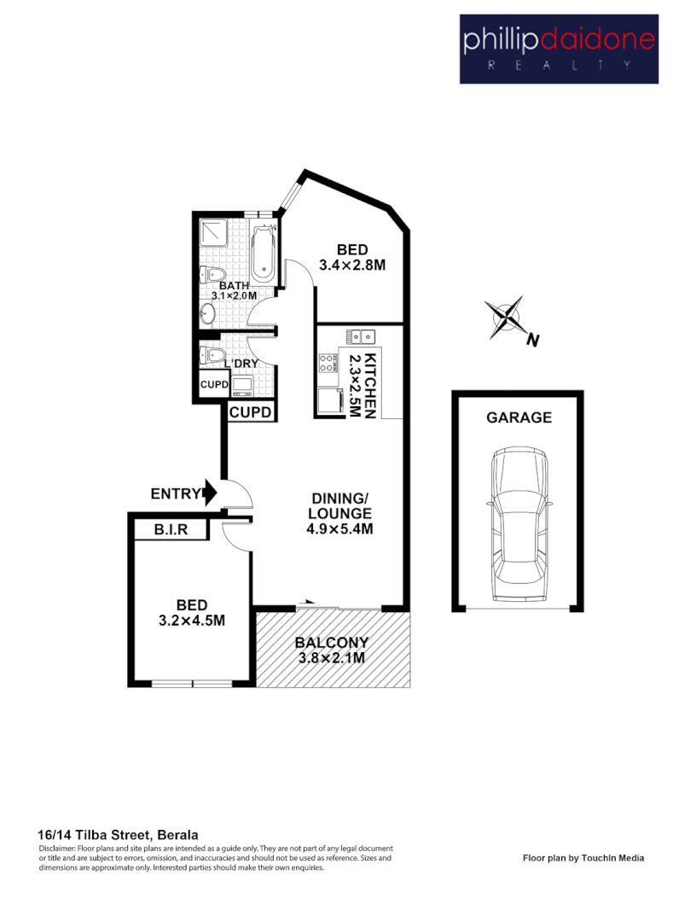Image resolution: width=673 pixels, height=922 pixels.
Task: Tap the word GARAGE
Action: [x=519, y=417]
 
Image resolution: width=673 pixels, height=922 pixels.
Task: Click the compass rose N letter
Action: [x=532, y=341]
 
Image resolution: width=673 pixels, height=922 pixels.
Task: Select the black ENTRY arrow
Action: [x=209, y=493]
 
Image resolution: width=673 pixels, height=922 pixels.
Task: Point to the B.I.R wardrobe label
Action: [x=171, y=530]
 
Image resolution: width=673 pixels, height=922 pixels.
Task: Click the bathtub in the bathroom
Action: [x=264, y=254]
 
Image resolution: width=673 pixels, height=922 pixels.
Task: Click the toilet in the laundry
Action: [x=212, y=355]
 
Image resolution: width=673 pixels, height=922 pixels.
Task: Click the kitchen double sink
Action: [x=361, y=336]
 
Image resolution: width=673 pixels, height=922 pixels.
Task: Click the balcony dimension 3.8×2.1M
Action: [x=331, y=657]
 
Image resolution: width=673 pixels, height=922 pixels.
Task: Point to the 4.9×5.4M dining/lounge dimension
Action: [x=340, y=528]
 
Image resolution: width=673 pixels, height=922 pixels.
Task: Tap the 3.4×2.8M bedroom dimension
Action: [x=352, y=265]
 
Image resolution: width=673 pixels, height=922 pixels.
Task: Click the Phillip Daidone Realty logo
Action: [x=558, y=49]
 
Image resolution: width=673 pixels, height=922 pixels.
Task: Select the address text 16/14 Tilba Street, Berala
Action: [x=119, y=834]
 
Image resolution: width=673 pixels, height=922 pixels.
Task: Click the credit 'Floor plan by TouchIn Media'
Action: [x=583, y=858]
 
